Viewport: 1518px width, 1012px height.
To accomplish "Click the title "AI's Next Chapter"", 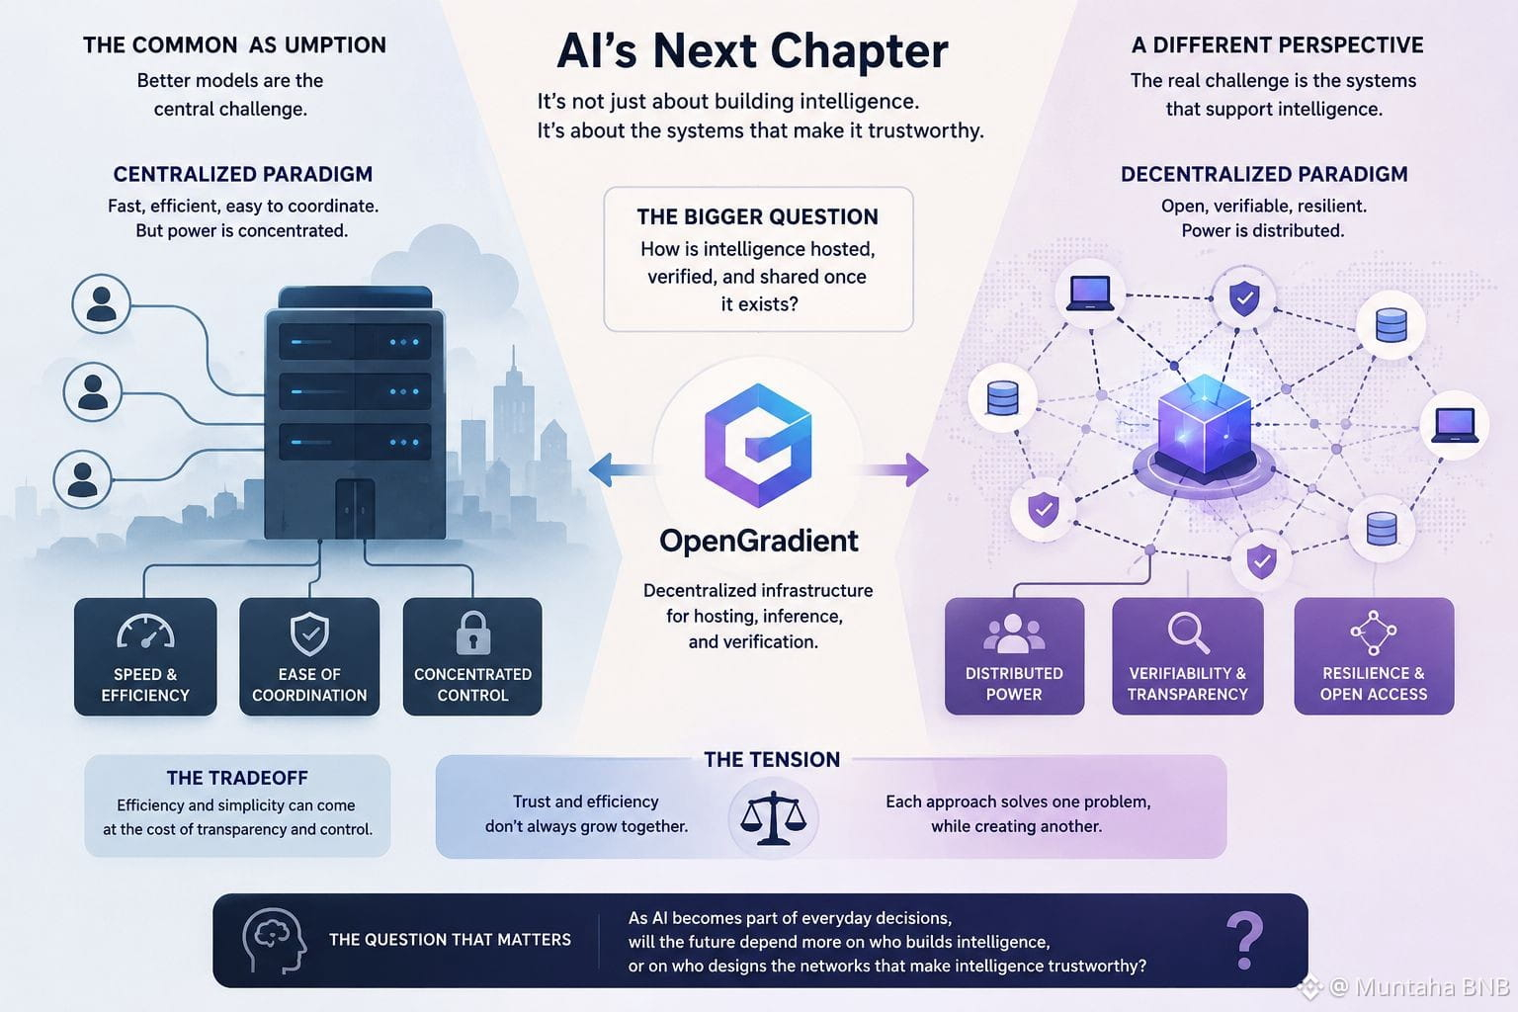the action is (x=752, y=50).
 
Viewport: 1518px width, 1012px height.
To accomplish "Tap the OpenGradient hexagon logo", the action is (x=758, y=446).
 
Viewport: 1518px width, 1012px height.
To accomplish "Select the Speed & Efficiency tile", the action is (x=145, y=656).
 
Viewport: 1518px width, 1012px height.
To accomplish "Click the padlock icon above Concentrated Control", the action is (x=473, y=633).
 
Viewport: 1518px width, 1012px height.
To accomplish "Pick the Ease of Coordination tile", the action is (x=309, y=656).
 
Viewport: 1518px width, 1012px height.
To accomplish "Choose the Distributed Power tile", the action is (x=1014, y=655).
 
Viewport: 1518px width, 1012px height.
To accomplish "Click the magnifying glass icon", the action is (x=1188, y=632).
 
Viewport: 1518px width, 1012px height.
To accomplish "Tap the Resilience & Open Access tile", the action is (x=1374, y=655).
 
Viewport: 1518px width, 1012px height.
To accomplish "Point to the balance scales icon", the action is (x=773, y=818).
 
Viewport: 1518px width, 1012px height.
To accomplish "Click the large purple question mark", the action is (x=1245, y=940).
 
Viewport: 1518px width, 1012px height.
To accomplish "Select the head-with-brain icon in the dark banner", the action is (x=274, y=940).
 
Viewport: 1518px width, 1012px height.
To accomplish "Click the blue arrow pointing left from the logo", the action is (x=620, y=469).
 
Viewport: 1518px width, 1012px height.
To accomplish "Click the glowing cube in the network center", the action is (x=1204, y=425).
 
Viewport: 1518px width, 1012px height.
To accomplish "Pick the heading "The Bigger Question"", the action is (x=757, y=216).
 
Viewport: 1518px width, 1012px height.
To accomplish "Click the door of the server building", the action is (x=355, y=509).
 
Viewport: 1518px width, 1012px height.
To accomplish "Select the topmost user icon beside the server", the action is (x=101, y=303).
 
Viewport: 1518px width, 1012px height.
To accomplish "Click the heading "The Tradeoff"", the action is (x=237, y=778).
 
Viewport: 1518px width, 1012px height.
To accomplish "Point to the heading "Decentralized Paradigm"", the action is (x=1264, y=174).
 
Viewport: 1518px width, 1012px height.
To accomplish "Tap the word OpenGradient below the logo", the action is (x=758, y=541).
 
